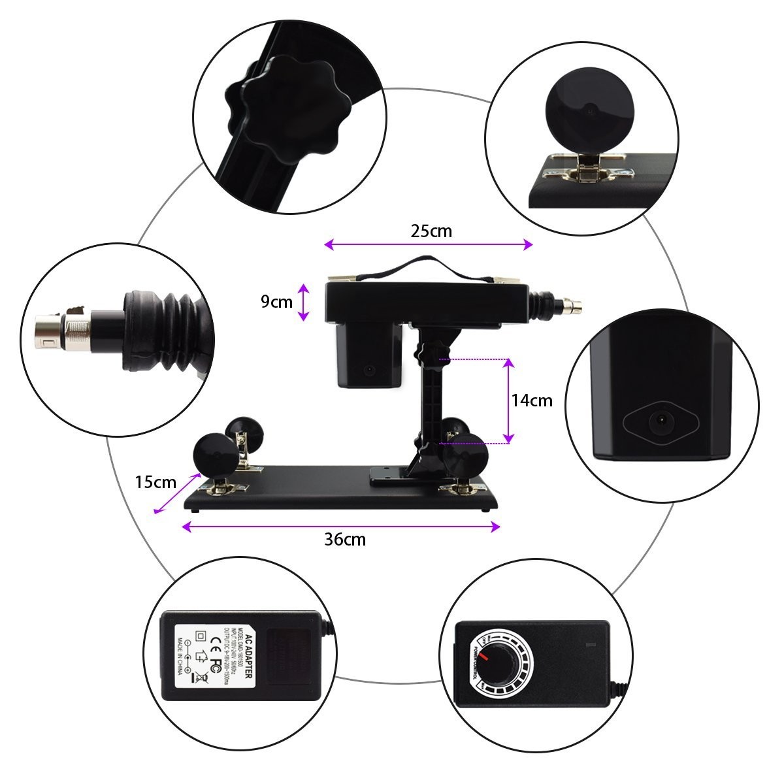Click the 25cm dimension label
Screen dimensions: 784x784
(x=431, y=231)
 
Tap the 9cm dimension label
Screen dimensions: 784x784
(x=276, y=301)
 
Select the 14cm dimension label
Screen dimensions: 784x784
(x=532, y=400)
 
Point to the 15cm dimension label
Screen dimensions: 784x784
(x=155, y=482)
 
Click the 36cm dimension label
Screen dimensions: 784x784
(x=345, y=539)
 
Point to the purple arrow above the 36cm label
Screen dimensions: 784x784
(x=341, y=526)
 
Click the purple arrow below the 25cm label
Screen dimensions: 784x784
(x=429, y=244)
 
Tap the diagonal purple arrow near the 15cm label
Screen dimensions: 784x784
(x=176, y=494)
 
